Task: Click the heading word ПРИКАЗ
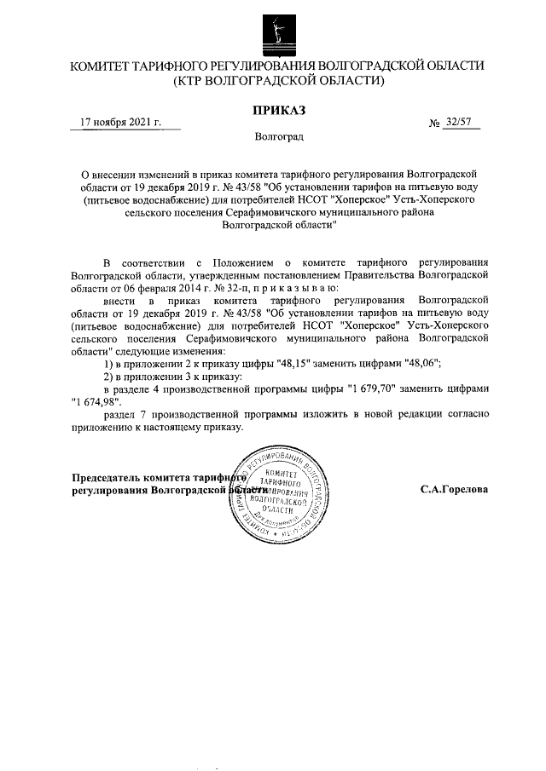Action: coord(278,110)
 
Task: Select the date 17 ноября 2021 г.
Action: coord(119,122)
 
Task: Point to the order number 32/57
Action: coord(458,123)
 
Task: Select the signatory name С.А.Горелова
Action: coord(453,491)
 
